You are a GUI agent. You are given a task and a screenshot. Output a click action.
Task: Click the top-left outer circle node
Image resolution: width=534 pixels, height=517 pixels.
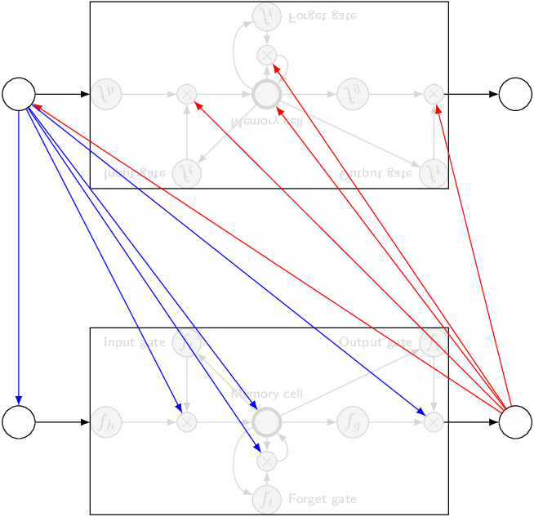(19, 94)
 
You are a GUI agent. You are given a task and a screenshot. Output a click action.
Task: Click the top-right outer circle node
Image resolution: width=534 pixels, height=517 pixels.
(515, 94)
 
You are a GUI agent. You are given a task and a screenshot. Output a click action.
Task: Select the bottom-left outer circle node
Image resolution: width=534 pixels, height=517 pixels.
(19, 422)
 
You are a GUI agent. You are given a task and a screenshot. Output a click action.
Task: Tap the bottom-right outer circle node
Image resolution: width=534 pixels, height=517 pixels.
(515, 422)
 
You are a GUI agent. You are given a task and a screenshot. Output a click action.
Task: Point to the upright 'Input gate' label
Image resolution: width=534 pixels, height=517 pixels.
(135, 342)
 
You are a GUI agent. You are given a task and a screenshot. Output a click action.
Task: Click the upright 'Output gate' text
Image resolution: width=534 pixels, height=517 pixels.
(376, 342)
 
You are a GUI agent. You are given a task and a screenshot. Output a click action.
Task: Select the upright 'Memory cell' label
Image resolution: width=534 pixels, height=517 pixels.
(267, 394)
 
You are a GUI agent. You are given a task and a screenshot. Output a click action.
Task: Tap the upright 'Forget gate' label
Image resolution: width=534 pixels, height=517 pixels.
(323, 499)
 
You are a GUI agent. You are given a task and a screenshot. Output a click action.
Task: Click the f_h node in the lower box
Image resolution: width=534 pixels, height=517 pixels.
(105, 422)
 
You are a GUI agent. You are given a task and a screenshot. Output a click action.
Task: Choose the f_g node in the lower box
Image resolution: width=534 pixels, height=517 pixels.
(351, 422)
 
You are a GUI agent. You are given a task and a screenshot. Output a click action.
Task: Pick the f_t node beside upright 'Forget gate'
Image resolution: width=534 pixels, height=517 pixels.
(266, 498)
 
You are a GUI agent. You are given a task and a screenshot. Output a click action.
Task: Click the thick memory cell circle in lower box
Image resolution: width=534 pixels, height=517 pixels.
(266, 422)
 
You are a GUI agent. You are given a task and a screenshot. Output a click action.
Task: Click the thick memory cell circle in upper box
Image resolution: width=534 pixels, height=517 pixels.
(266, 94)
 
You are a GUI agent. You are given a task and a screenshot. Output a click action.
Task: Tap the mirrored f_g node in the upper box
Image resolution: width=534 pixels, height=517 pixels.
(351, 94)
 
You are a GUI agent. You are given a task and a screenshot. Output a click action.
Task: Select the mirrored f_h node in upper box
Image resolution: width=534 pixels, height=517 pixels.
(105, 94)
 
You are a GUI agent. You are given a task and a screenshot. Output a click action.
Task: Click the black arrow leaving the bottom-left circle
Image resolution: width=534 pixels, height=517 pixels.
(62, 422)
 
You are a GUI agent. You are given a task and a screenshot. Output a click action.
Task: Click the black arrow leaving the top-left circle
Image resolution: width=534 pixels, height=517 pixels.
(62, 94)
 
